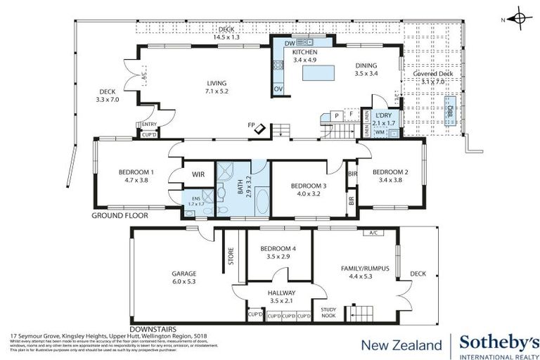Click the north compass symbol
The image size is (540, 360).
[519, 19]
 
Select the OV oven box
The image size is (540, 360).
[278, 89]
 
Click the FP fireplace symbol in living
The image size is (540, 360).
[259, 128]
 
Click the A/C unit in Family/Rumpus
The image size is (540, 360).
[372, 233]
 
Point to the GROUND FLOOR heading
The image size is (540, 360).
[120, 216]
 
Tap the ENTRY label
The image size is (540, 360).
[148, 124]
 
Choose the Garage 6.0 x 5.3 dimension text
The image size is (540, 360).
[184, 281]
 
